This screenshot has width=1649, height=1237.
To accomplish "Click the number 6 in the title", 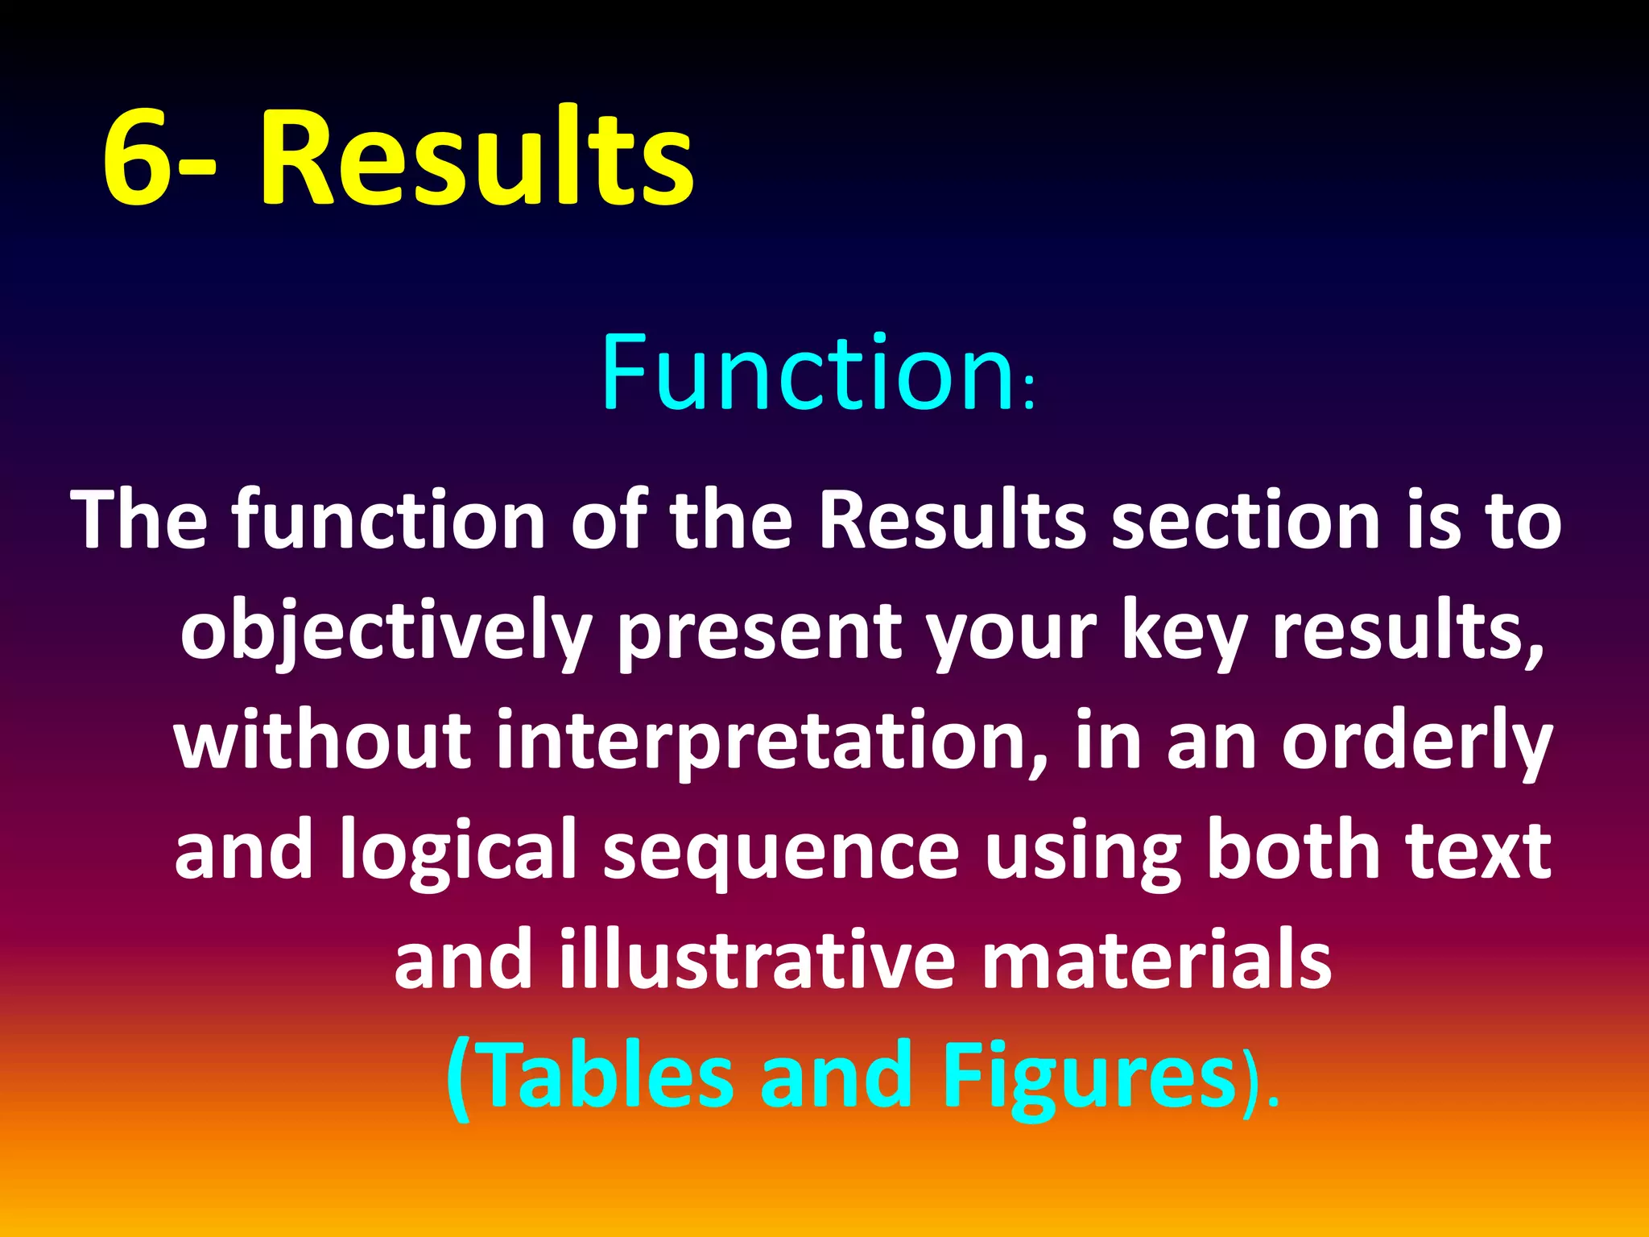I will tap(137, 157).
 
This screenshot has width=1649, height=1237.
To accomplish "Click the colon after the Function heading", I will tap(1028, 396).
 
